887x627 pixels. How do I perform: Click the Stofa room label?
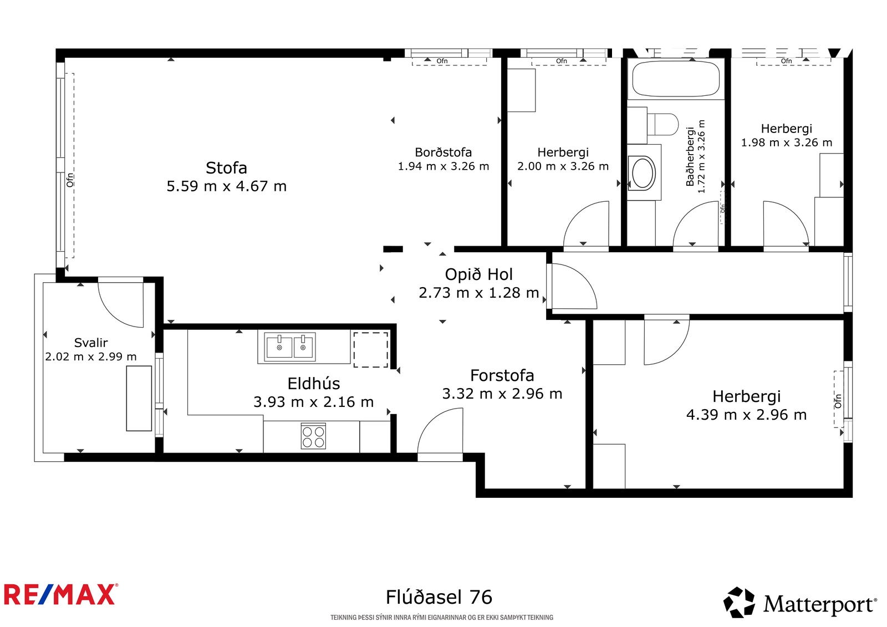tap(226, 168)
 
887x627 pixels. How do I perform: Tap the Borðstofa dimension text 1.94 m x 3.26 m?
tap(443, 166)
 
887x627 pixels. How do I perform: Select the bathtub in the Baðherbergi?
tap(676, 78)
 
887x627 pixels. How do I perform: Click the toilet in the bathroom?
tap(662, 124)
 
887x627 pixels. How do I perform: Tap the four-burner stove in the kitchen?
tap(313, 436)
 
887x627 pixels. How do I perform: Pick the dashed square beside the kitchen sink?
tap(371, 350)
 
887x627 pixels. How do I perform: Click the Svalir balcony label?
tap(91, 342)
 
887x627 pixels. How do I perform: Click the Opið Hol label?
tap(479, 274)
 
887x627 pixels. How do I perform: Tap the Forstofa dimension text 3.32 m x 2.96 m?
tap(502, 393)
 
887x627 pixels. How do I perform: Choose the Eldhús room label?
tap(314, 384)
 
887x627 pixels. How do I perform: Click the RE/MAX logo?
tap(61, 594)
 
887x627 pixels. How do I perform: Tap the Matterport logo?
tap(800, 603)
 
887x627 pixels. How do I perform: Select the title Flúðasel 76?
tap(439, 597)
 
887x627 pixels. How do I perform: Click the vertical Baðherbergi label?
tap(690, 156)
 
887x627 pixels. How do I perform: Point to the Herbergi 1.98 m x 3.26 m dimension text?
tap(787, 142)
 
